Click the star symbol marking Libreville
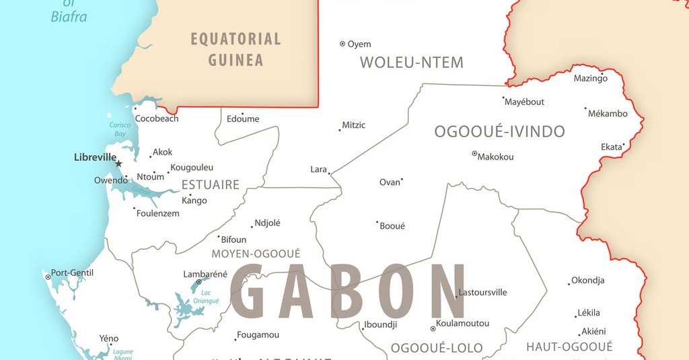pos(119,164)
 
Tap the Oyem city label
pos(359,44)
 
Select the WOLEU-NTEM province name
pos(412,63)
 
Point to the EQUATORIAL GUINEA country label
pos(235,49)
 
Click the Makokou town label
pos(495,157)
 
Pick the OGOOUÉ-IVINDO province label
pos(499,132)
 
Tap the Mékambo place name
pos(608,114)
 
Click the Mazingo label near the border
pos(590,79)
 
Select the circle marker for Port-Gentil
pos(48,277)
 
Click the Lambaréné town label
pos(205,274)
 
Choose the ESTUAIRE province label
pos(211,184)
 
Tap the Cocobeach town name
pos(157,119)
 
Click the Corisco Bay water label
pos(120,129)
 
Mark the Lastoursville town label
pos(482,293)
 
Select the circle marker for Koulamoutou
pos(433,329)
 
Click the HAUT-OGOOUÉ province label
pos(569,347)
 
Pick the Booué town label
pos(392,226)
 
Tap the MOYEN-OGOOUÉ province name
pos(256,254)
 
